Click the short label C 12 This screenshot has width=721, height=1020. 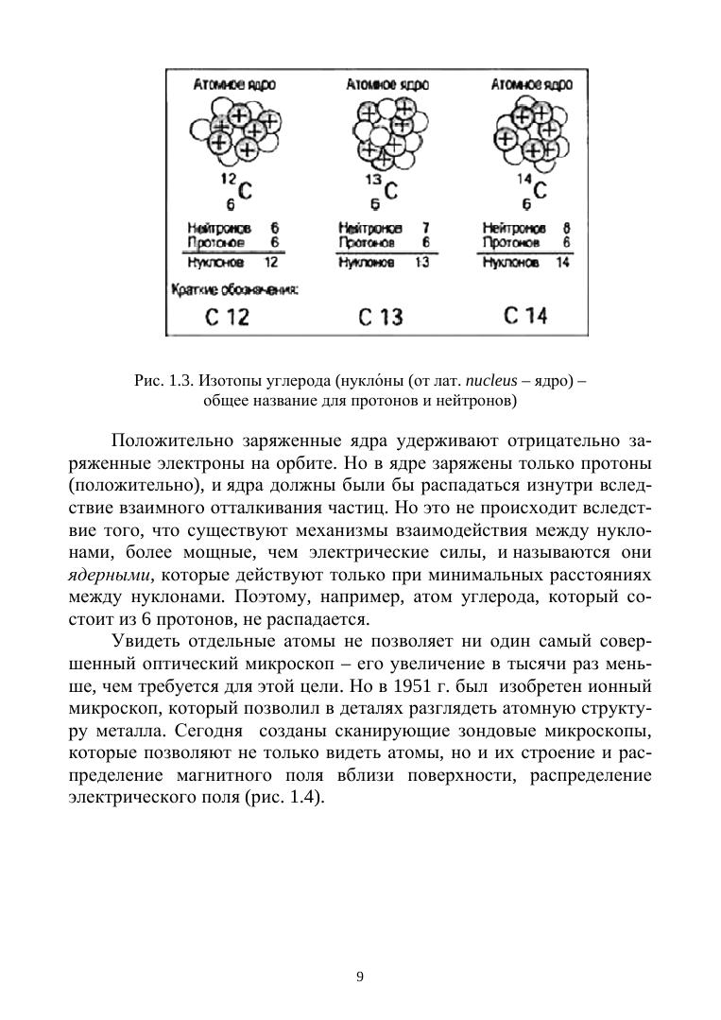[x=227, y=317]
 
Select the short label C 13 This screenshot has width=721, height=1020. [x=381, y=317]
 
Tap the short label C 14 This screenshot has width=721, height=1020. [x=525, y=316]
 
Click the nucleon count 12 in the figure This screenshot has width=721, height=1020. [x=270, y=261]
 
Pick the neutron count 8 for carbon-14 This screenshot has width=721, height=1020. [x=566, y=229]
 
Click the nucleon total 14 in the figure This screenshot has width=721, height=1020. [x=564, y=261]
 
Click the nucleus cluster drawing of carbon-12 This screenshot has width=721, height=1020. [x=232, y=133]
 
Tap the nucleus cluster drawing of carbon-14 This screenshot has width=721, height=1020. [x=529, y=133]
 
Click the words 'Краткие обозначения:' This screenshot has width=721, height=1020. [x=233, y=289]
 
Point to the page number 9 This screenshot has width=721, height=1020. [x=360, y=977]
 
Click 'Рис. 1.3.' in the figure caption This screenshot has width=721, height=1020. [x=164, y=383]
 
